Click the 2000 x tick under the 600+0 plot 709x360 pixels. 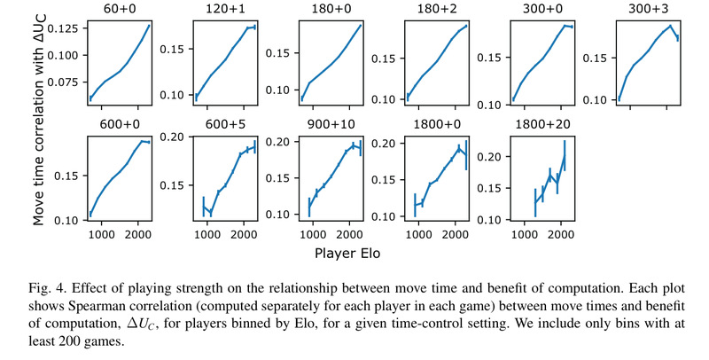[137, 235]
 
